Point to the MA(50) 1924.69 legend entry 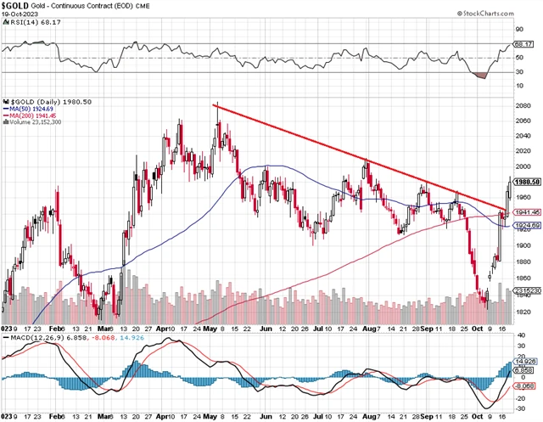click(x=31, y=109)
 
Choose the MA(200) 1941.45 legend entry click(x=33, y=115)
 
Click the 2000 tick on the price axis click(x=523, y=167)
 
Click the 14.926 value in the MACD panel click(x=525, y=363)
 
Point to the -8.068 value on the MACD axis click(x=525, y=385)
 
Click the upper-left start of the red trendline click(x=213, y=105)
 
